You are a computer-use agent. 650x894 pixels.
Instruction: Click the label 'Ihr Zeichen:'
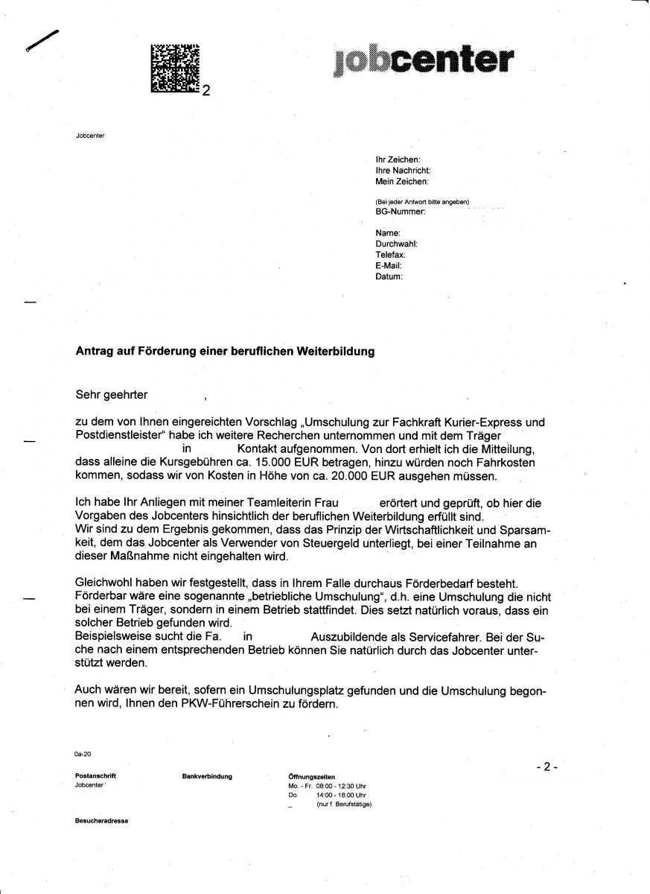click(x=398, y=159)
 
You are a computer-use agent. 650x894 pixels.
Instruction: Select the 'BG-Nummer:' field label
click(x=401, y=212)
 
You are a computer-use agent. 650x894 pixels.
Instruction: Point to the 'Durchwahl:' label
click(x=396, y=244)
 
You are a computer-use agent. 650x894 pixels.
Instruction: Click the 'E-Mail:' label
click(x=389, y=265)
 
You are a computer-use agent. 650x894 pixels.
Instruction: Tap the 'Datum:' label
click(x=389, y=276)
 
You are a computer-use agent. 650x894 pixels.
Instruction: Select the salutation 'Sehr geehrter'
click(x=112, y=394)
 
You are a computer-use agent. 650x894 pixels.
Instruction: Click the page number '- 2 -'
click(x=546, y=767)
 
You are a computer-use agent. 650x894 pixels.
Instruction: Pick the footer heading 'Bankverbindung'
click(x=207, y=776)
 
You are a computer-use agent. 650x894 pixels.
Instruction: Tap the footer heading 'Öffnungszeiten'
click(x=311, y=777)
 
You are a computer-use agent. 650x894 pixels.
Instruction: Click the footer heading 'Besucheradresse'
click(x=101, y=820)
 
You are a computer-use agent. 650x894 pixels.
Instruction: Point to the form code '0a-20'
click(x=83, y=755)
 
